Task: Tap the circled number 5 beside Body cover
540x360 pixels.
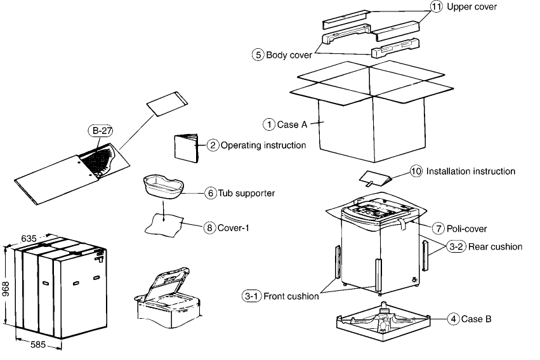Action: coord(258,55)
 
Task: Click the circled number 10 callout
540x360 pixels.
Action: coord(416,171)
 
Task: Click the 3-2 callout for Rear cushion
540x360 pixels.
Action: coord(455,246)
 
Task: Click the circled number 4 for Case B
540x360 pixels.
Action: coord(453,319)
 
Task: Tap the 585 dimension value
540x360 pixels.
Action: coord(39,345)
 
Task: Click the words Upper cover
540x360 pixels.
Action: coord(472,7)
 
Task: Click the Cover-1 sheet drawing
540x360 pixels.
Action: coord(164,224)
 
